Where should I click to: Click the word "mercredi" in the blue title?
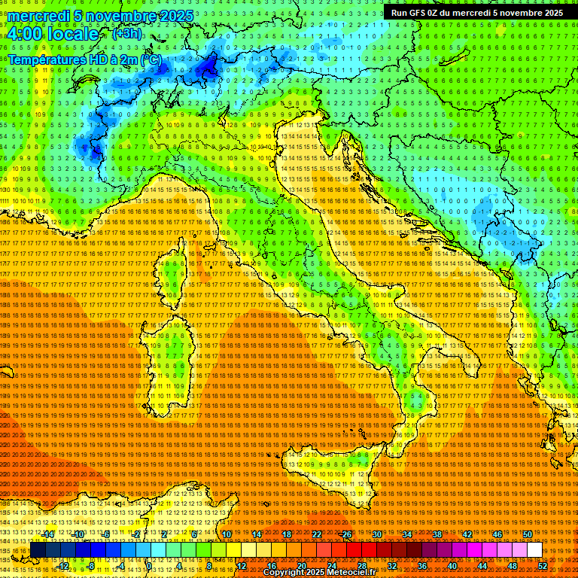[x=40, y=16]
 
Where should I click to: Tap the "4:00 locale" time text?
[x=53, y=34]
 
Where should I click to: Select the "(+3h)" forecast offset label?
[x=125, y=33]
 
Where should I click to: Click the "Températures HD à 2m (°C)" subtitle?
[x=84, y=59]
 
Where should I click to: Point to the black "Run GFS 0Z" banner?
[x=476, y=13]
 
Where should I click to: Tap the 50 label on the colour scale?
[x=528, y=534]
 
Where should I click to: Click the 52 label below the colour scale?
[x=542, y=566]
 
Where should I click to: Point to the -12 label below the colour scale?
[x=63, y=566]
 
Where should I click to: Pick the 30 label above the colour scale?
[x=377, y=534]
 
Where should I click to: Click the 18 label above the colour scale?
[x=287, y=534]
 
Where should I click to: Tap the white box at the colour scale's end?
[x=534, y=550]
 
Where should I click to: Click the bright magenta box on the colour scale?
[x=474, y=550]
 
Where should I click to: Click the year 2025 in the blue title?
[x=176, y=16]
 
